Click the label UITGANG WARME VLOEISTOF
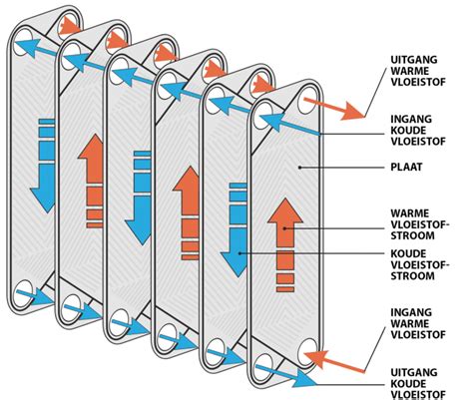click(418, 71)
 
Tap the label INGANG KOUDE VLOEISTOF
click(418, 130)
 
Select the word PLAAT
click(406, 167)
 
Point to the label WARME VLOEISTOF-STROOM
click(420, 224)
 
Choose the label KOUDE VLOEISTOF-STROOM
click(420, 264)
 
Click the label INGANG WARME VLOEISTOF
click(418, 323)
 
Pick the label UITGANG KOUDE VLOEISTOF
click(418, 383)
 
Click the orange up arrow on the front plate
click(285, 244)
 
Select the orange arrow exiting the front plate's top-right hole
click(334, 109)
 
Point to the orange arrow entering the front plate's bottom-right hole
click(334, 362)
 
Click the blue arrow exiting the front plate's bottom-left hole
click(286, 376)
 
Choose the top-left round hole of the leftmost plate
click(23, 39)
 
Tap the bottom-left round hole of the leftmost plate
click(23, 293)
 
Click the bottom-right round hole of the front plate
click(306, 353)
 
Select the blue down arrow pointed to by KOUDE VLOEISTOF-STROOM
click(235, 229)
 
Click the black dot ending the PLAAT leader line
click(299, 168)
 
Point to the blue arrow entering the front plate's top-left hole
click(289, 125)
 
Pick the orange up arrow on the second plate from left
click(91, 181)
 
